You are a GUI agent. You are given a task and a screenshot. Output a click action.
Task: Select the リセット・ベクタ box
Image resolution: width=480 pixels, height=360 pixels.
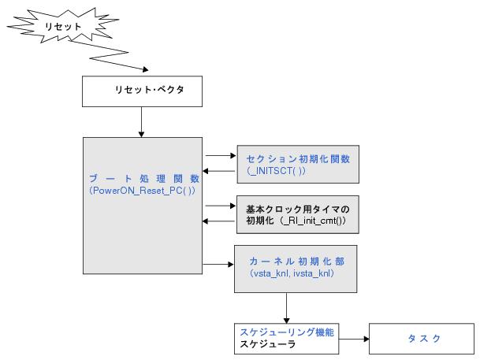point(142,92)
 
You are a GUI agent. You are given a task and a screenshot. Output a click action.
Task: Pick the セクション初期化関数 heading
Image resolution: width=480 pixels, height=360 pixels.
point(297,158)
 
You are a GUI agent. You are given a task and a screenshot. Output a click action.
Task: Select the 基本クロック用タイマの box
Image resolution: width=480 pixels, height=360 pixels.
point(296,208)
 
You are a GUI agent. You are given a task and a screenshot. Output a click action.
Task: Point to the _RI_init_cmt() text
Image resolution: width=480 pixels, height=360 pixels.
point(315,221)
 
